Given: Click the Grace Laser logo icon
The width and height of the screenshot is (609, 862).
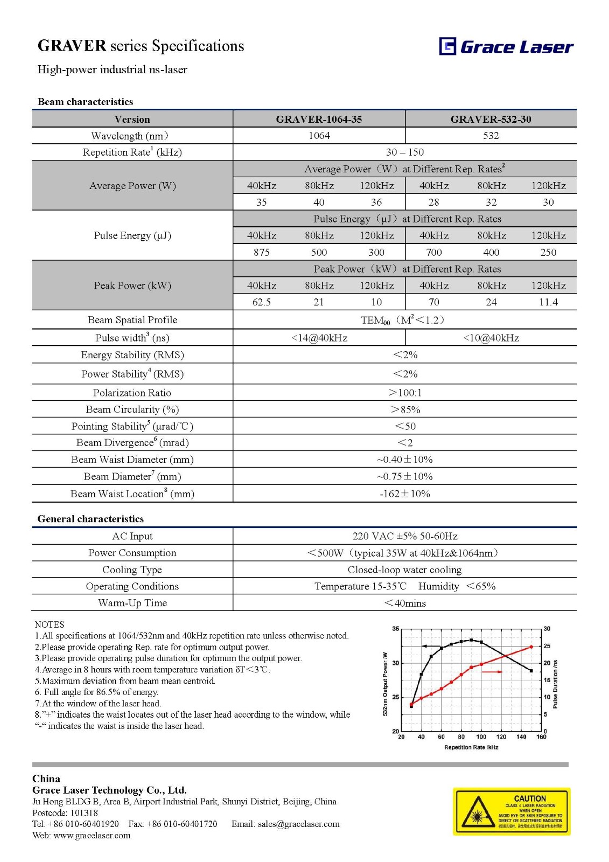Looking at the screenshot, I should click(447, 46).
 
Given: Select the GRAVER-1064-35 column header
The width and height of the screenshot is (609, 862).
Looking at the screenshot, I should click(319, 119).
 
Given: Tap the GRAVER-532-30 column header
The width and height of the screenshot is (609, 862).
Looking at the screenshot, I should click(491, 119).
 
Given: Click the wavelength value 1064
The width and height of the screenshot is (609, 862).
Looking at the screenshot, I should click(319, 136).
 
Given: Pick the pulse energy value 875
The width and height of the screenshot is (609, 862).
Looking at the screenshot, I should click(262, 252).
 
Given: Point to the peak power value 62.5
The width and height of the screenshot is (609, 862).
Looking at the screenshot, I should click(262, 302).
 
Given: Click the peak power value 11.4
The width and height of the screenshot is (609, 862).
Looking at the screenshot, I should click(548, 302).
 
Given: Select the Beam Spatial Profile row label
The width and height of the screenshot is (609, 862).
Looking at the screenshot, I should click(132, 320).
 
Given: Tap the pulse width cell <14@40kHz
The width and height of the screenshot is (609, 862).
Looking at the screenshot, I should click(319, 338).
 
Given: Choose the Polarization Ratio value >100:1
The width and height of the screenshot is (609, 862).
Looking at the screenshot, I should click(405, 393).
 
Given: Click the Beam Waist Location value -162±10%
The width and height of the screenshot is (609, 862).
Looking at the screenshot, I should click(405, 493).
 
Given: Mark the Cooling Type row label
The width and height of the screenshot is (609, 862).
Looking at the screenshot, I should click(132, 569).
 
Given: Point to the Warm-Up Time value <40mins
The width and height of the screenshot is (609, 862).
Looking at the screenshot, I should click(405, 603).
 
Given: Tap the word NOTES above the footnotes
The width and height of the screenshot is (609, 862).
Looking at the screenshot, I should click(50, 624).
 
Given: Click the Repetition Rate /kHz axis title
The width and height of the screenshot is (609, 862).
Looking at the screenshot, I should click(471, 747).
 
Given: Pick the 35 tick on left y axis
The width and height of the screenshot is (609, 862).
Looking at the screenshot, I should click(396, 629).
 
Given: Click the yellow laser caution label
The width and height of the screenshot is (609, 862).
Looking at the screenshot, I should click(512, 812).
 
